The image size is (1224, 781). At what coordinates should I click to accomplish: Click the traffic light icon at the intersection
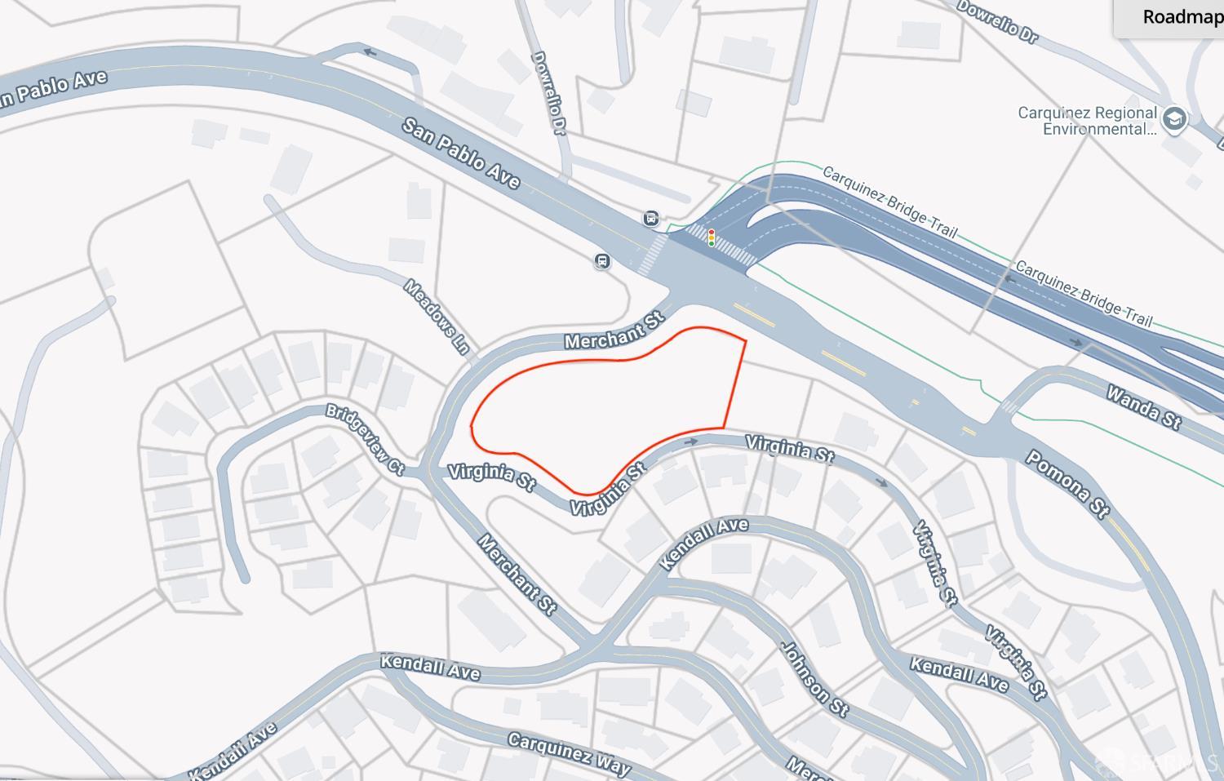coord(712,238)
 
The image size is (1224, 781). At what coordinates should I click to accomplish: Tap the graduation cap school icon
coord(1175,119)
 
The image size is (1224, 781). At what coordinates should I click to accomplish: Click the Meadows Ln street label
coord(438,317)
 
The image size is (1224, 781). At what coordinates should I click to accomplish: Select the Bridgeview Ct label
coord(365,438)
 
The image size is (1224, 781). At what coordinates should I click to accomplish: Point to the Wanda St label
coord(1143,407)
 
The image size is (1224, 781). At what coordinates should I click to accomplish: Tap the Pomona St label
coord(1067,484)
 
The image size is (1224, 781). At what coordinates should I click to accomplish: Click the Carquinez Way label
coord(569,752)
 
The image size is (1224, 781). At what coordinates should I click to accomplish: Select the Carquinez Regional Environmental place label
coord(1087,121)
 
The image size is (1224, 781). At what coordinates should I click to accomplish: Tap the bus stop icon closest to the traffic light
coord(651,218)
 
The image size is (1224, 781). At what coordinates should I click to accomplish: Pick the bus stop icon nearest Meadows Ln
coord(602,261)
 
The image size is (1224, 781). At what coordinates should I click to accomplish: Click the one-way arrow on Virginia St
coord(691,442)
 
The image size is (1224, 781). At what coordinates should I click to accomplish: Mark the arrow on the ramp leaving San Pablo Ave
coord(370,53)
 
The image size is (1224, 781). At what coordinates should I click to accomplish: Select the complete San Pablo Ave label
coord(461,153)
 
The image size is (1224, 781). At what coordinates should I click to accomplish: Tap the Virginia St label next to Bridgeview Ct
coord(491,477)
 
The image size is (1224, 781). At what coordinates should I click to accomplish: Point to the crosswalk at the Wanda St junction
coord(1009,406)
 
